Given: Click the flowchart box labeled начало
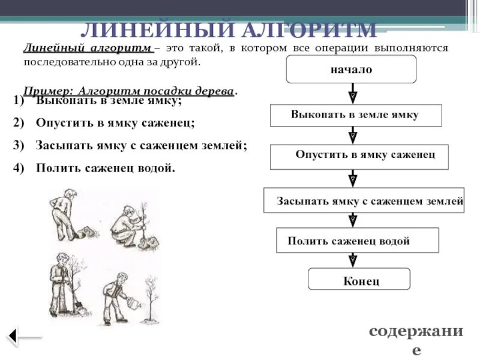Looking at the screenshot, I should point(351,69).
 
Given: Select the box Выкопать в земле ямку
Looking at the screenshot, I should point(355,115).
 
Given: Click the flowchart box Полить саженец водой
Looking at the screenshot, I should point(357,240).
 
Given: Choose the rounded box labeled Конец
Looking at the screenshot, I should point(359,280).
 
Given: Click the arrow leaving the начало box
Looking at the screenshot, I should point(352,93).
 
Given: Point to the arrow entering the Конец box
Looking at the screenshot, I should point(353,260).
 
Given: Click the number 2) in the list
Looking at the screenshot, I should point(17,123).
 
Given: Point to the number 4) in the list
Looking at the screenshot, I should point(17,168).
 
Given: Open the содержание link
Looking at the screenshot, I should point(416,340).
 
